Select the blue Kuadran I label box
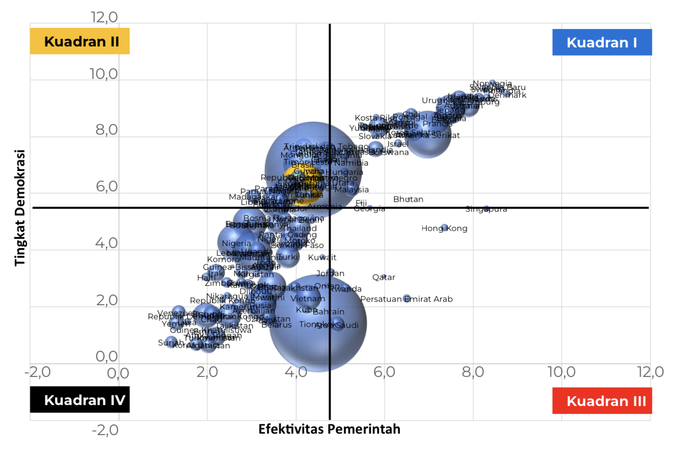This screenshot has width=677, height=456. pos(602,42)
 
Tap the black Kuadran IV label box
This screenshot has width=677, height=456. pos(80,400)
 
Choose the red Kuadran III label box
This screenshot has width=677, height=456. pos(602,401)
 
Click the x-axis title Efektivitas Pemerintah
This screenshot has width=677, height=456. pos(329,429)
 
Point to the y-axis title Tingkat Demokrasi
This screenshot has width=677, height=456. pos(20,207)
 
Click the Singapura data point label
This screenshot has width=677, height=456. pos(486,209)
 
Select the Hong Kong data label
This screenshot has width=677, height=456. pos(444,228)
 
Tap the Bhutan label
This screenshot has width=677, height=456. pos(408,199)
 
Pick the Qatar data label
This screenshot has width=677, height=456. pos(384,277)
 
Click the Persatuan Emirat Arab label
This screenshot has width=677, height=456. pos(407,299)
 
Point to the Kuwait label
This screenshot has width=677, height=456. pos(322,257)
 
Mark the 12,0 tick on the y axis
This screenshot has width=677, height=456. pos(104,17)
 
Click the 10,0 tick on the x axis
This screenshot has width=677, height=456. pos(561,372)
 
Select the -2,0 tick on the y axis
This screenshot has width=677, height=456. pos(105,430)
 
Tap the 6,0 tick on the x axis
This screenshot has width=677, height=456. pos(384,372)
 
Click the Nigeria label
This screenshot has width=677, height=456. pos(236,243)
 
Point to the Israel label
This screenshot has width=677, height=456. pos(398,144)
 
